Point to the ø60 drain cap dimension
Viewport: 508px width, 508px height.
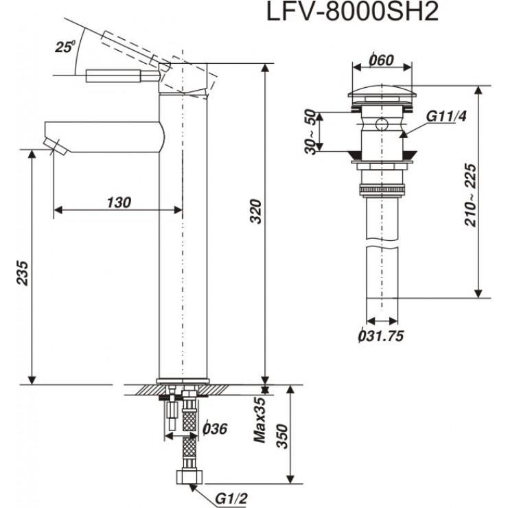381,60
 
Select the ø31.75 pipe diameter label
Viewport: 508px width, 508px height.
380,336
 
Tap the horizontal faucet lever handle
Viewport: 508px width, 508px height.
117,75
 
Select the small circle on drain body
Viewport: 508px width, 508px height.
382,125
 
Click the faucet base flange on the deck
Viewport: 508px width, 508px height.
183,381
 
